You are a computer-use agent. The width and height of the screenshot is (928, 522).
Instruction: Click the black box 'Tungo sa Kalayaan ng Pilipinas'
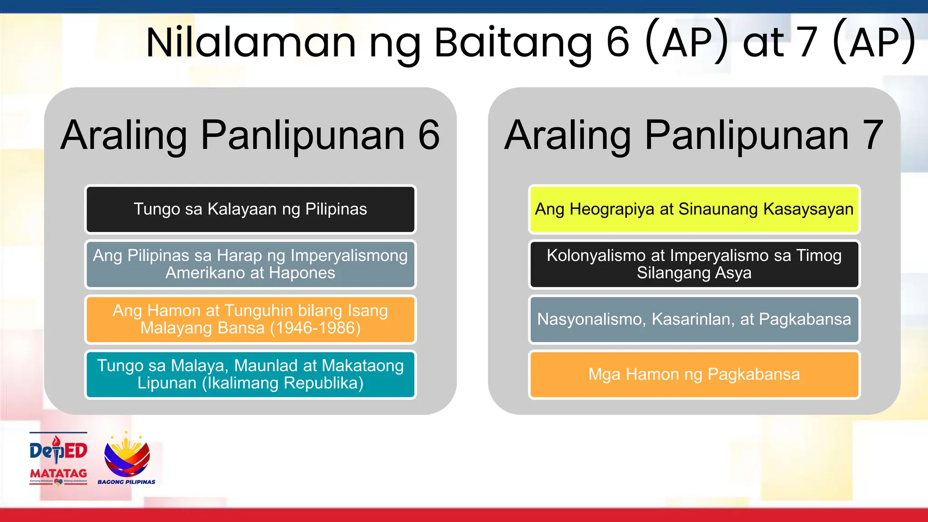[250, 209]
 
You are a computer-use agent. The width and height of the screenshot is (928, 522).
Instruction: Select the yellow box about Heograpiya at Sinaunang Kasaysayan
[694, 209]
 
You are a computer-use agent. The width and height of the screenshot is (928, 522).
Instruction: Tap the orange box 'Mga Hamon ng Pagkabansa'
[694, 375]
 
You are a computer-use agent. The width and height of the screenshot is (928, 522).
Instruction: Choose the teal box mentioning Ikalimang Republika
[250, 375]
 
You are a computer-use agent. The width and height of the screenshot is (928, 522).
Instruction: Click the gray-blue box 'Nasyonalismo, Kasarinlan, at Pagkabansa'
[694, 319]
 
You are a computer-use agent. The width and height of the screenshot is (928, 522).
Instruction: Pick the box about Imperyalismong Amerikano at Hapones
[250, 265]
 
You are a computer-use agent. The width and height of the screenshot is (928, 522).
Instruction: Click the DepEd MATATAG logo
[58, 458]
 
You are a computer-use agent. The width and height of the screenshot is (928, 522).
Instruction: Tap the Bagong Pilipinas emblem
[127, 455]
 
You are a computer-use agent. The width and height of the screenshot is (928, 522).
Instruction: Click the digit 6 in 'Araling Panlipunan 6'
[429, 135]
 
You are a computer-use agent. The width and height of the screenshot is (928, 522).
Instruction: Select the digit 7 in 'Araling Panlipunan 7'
[873, 135]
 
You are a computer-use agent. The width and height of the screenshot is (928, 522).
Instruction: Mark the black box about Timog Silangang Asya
[694, 265]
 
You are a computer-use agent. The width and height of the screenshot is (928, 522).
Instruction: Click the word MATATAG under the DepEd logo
[58, 474]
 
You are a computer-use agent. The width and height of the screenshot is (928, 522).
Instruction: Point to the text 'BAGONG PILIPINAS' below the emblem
[126, 482]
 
